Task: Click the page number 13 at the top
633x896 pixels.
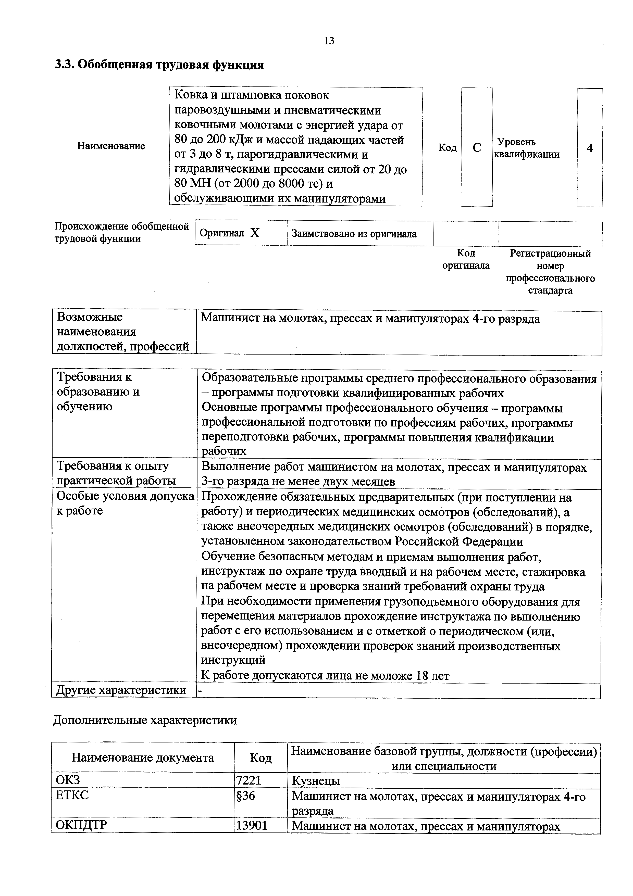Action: (x=329, y=41)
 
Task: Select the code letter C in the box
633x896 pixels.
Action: (x=477, y=147)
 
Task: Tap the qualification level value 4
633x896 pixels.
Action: (x=589, y=148)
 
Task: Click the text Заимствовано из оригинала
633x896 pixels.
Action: (x=354, y=234)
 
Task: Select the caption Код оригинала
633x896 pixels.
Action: (x=466, y=259)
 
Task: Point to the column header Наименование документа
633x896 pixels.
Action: (x=143, y=758)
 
